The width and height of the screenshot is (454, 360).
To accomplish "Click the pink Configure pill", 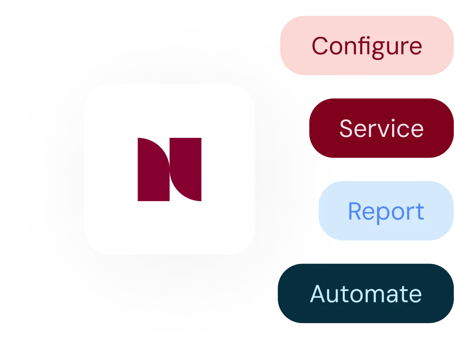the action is click(x=367, y=45).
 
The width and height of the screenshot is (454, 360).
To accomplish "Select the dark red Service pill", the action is click(x=381, y=128).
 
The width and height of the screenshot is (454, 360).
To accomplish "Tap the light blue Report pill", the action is click(x=386, y=211).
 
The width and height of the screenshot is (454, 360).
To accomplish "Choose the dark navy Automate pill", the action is click(x=366, y=293).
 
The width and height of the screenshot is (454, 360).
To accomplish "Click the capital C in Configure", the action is click(x=320, y=46).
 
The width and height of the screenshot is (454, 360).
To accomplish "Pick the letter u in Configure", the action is click(x=389, y=48).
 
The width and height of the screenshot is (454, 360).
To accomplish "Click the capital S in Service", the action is click(x=347, y=128).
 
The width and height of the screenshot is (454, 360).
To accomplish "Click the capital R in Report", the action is click(x=356, y=211).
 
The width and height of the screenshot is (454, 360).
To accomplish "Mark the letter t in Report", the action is click(x=420, y=212).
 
